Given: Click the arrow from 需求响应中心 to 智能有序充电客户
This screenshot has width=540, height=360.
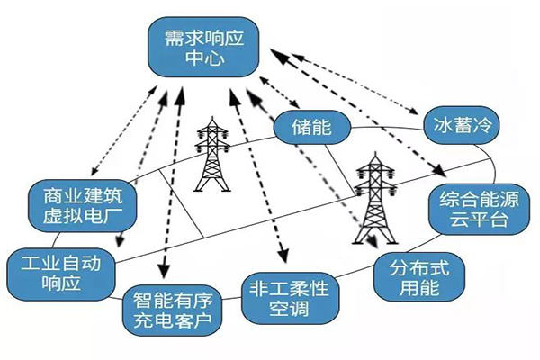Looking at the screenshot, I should [x=166, y=180].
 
